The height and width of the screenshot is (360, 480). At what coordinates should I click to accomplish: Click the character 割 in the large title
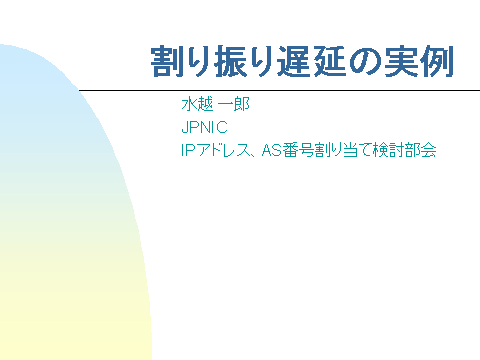coord(165,63)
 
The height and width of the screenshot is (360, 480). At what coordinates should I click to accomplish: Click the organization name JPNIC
coord(204,129)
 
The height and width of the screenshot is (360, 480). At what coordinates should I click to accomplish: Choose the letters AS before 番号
coord(269,152)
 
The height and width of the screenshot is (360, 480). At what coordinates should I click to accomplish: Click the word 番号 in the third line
coord(293,152)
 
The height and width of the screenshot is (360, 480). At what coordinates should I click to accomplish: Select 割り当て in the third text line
coord(335,152)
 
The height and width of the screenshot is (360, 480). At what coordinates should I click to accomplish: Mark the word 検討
coord(379,152)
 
